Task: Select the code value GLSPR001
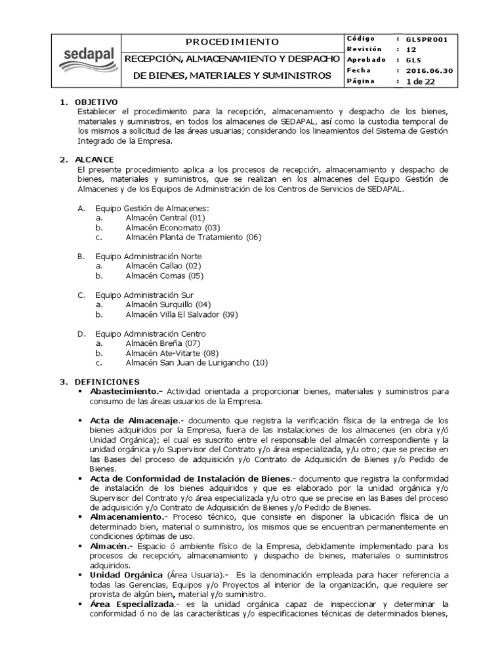[x=427, y=39]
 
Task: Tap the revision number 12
[x=411, y=50]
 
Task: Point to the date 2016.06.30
[x=429, y=71]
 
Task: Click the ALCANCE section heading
[x=94, y=159]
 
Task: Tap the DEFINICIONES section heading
[x=107, y=381]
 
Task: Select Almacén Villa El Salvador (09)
[x=182, y=314]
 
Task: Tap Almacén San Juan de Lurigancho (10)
[x=197, y=362]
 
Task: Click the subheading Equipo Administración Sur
[x=144, y=295]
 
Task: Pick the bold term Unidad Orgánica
[x=127, y=575]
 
